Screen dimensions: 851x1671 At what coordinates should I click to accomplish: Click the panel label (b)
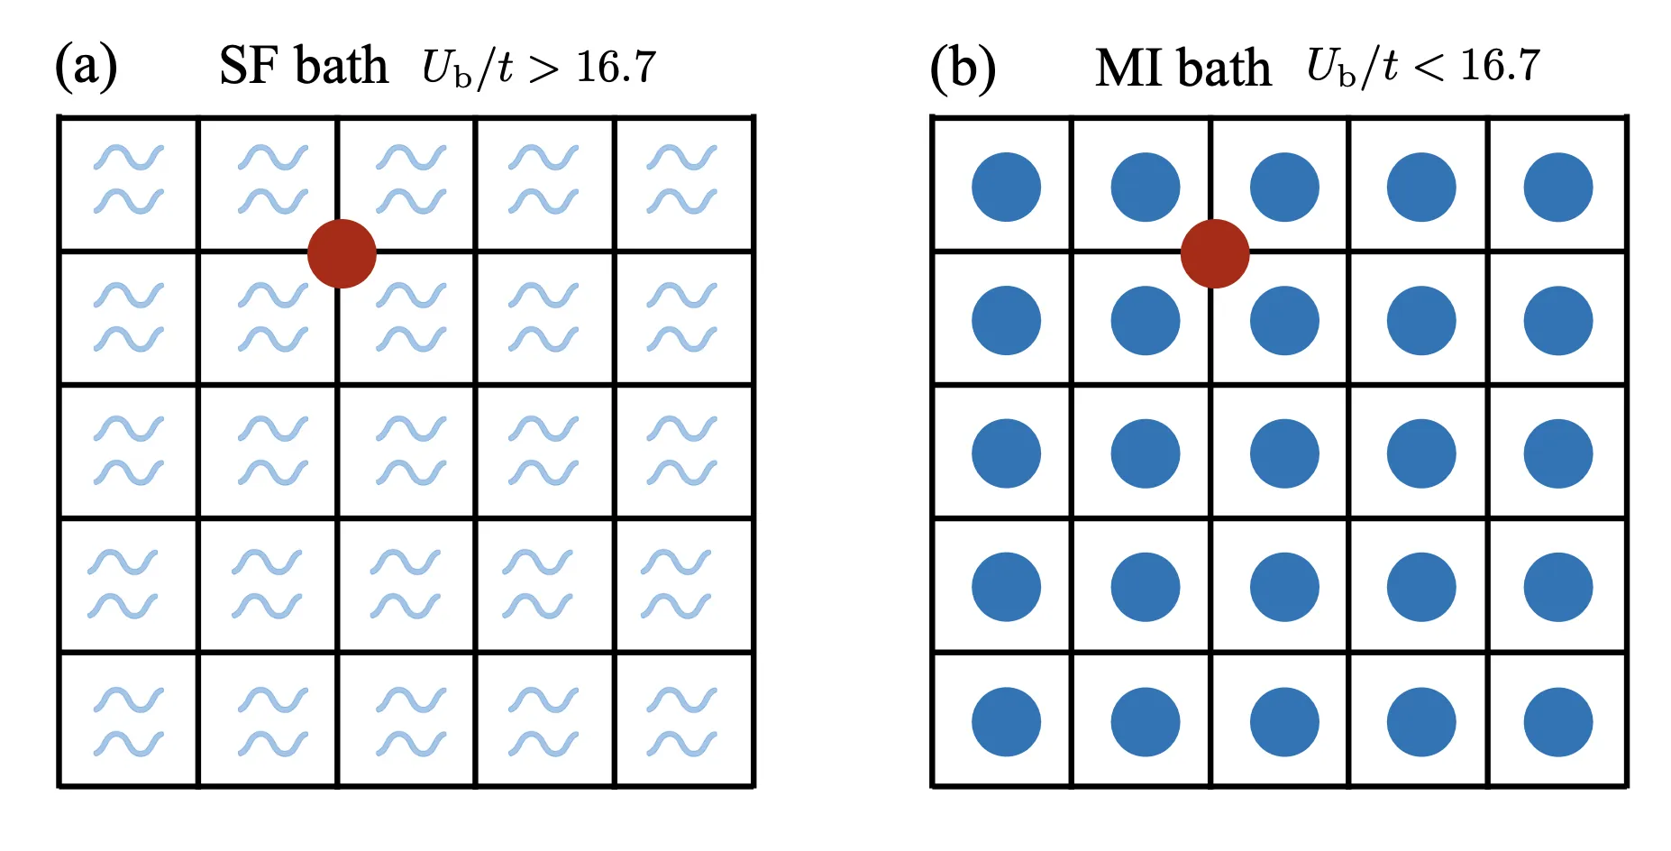click(963, 68)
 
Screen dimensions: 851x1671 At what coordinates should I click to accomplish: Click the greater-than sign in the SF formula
click(543, 69)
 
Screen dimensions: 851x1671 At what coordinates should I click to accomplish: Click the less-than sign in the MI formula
click(1429, 67)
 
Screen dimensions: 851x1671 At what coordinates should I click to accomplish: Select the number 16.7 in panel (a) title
click(616, 68)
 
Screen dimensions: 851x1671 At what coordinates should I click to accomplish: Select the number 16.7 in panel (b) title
click(1500, 66)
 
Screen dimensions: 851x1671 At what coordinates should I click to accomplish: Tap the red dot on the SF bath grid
click(342, 254)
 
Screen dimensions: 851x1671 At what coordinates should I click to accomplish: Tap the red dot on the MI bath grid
click(1215, 254)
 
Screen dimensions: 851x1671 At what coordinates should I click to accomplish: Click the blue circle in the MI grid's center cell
click(1284, 453)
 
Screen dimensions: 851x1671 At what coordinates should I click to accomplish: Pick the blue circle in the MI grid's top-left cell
click(1006, 188)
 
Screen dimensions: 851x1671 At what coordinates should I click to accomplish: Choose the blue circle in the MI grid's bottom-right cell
click(1558, 721)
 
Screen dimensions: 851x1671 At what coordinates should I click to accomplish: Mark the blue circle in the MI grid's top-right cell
click(1558, 188)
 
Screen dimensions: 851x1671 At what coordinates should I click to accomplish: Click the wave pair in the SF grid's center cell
click(411, 451)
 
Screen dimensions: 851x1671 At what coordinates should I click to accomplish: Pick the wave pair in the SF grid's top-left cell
click(129, 179)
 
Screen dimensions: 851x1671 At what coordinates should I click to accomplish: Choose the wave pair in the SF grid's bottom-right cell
click(682, 721)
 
